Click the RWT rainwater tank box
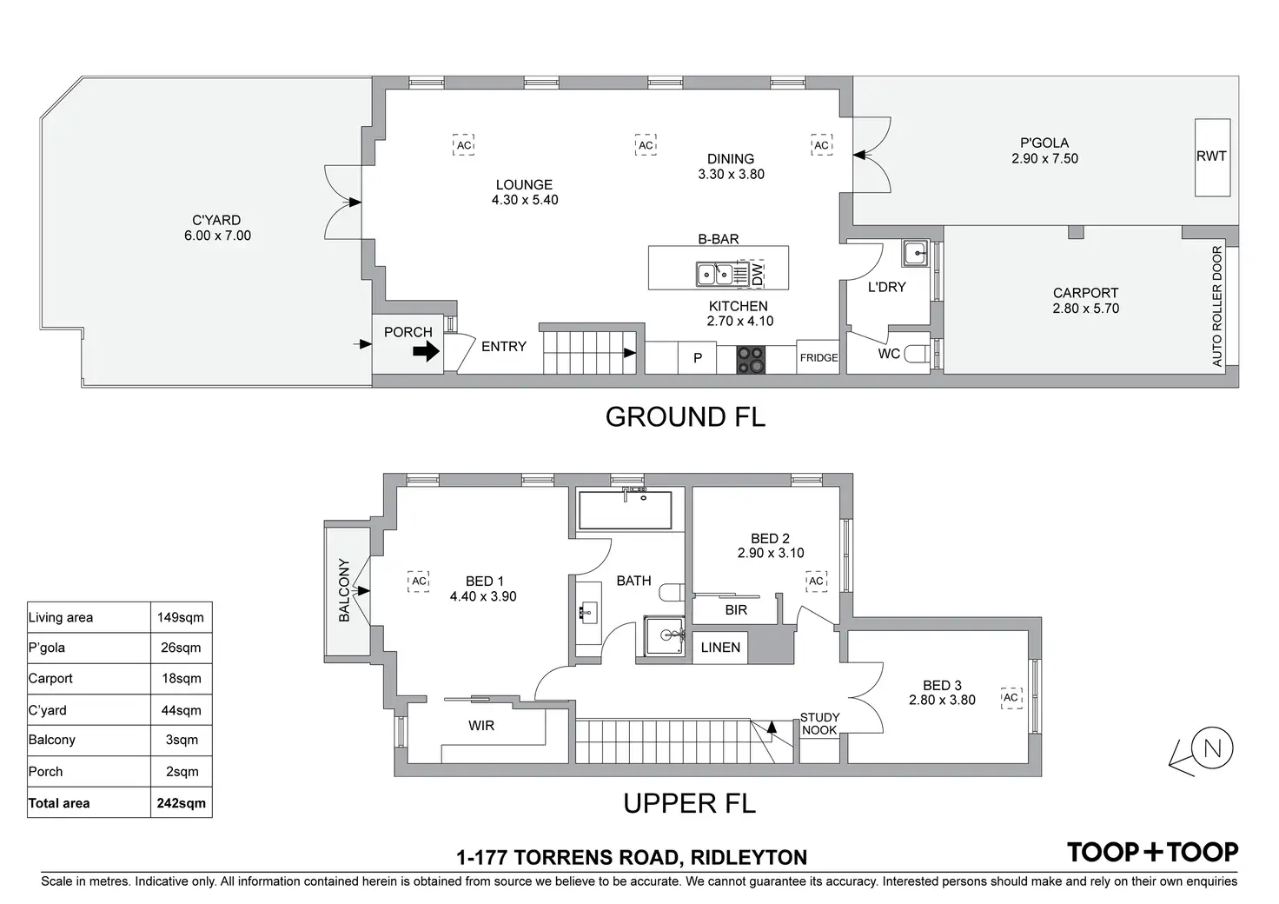(x=1212, y=157)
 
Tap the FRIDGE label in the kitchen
(x=818, y=358)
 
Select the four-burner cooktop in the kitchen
(x=751, y=360)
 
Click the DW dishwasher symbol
(x=757, y=274)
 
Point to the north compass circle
(x=1211, y=748)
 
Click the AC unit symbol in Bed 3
(x=1011, y=698)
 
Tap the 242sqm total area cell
(x=181, y=803)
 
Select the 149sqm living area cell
(x=181, y=617)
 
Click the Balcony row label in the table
(x=52, y=740)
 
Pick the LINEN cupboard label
(x=720, y=648)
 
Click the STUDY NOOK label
(x=819, y=723)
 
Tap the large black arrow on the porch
(x=426, y=350)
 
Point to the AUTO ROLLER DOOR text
(x=1216, y=306)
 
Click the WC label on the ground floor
(x=889, y=354)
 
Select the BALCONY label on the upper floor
(x=344, y=590)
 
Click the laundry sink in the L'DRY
(x=915, y=253)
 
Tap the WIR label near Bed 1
(x=481, y=726)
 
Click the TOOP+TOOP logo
(x=1153, y=852)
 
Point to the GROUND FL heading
(x=686, y=417)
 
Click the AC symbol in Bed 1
(x=419, y=582)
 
